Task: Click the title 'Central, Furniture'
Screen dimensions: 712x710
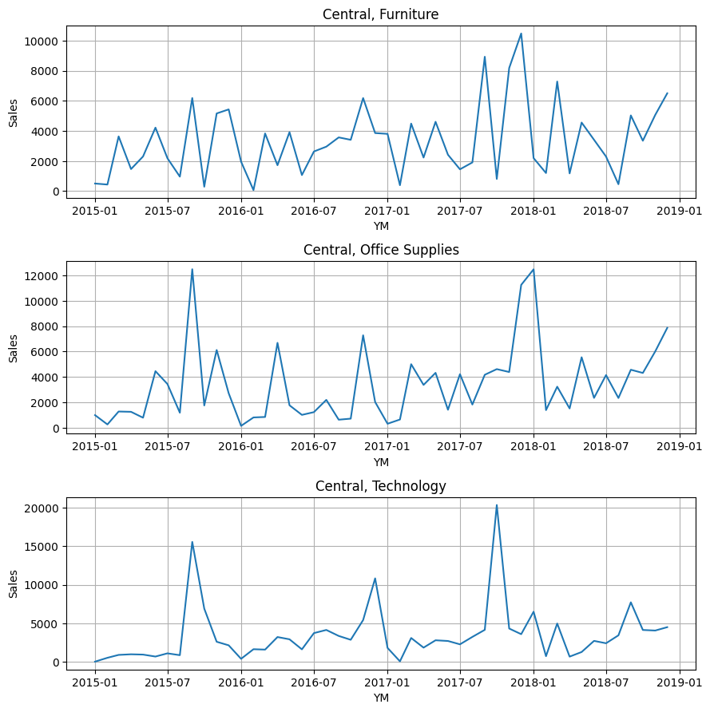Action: point(380,14)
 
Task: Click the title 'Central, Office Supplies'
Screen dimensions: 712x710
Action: point(380,250)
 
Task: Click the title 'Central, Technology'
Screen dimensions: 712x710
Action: point(380,486)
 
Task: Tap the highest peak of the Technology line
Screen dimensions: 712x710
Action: point(497,504)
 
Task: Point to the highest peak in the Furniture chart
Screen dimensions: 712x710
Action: point(521,34)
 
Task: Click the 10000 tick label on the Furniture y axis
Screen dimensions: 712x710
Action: point(41,42)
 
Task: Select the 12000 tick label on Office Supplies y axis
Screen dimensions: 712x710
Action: point(41,276)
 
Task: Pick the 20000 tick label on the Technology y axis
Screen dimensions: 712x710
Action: point(41,508)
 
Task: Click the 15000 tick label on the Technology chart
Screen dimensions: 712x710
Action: point(41,547)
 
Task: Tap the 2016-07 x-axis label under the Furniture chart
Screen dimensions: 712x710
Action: point(314,211)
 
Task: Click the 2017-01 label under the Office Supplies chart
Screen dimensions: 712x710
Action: point(387,446)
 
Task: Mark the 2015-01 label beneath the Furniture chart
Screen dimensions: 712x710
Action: point(95,211)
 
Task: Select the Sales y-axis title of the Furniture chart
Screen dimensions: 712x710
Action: point(14,113)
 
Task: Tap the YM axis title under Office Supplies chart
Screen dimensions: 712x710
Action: point(381,462)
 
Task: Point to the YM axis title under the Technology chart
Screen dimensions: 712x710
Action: point(381,698)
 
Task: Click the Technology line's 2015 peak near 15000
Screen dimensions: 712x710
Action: point(192,542)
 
